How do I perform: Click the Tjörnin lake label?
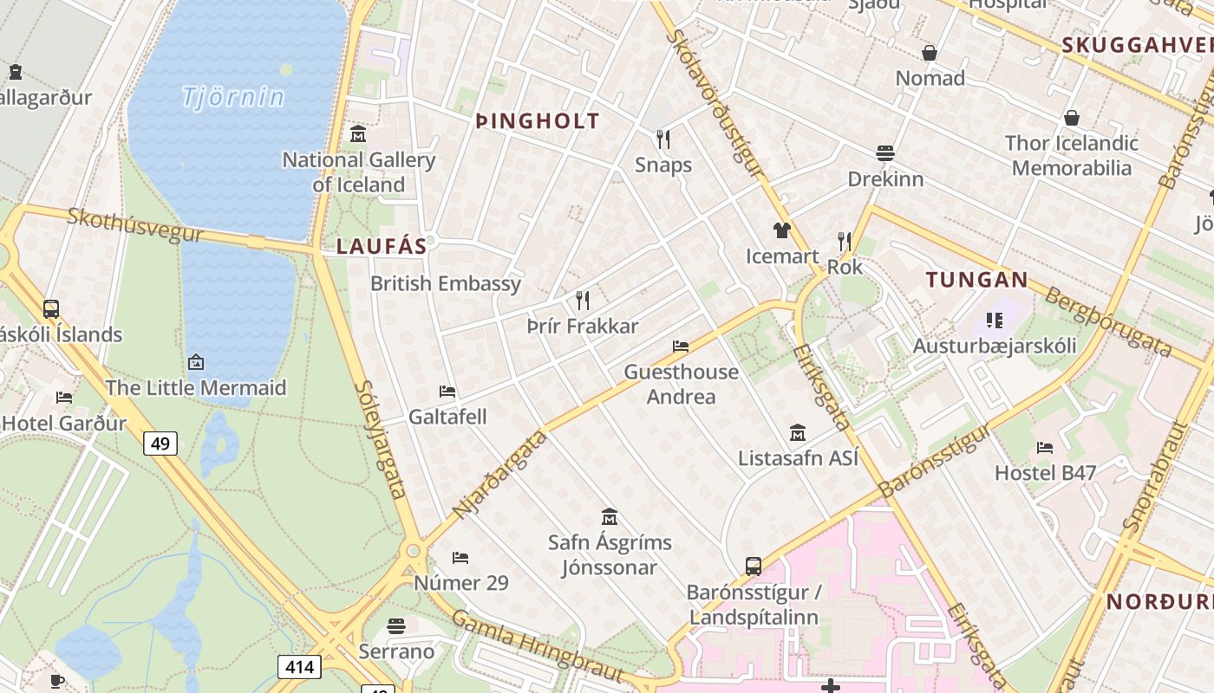point(232,97)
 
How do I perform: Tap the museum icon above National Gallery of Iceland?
point(358,134)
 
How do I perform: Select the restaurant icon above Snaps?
point(663,139)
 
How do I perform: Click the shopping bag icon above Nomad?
point(930,54)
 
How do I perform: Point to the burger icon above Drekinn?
point(885,154)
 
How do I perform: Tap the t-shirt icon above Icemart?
point(782,230)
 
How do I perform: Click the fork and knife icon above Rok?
point(845,242)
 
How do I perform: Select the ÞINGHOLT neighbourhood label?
point(538,121)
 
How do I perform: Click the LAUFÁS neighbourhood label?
point(382,247)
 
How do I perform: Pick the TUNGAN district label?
point(976,280)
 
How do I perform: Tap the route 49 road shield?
point(160,444)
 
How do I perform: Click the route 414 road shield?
point(299,667)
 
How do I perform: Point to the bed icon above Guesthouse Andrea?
point(681,346)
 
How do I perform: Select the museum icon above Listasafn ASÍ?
point(798,432)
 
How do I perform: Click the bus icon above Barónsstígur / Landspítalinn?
point(754,567)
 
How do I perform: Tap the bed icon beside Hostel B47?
point(1045,448)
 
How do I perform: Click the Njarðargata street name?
point(500,474)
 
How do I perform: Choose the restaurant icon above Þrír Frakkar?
point(583,301)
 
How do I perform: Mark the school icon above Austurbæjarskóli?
point(995,321)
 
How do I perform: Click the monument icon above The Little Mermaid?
point(196,362)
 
